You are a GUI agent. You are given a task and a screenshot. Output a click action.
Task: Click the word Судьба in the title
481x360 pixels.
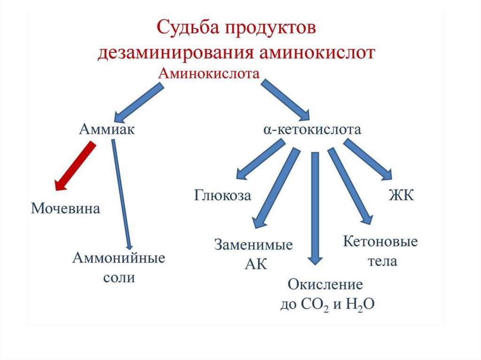(186, 27)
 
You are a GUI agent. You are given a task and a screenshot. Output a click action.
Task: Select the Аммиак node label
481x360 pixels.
(107, 129)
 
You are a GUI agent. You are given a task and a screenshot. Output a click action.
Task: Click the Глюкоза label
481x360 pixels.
(223, 195)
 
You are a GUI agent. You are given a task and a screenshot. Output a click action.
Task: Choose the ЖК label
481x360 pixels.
(401, 195)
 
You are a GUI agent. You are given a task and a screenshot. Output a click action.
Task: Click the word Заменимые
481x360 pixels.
(254, 245)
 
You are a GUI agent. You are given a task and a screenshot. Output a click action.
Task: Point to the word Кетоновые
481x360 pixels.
(380, 242)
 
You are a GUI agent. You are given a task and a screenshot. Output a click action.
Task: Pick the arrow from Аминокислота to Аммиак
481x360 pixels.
(139, 103)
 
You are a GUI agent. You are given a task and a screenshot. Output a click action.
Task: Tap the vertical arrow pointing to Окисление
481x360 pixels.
(315, 211)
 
